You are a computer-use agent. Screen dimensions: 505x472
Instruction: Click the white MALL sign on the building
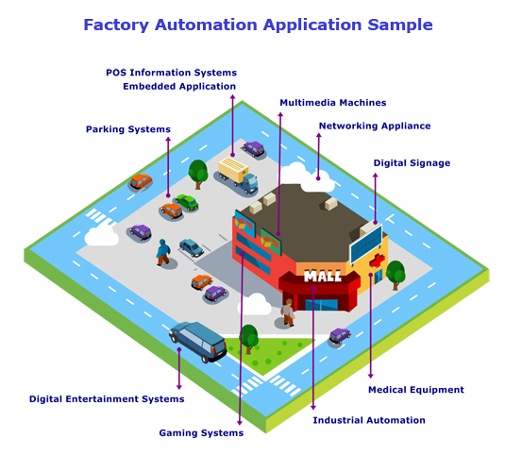323,276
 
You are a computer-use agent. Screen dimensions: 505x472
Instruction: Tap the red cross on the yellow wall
378,261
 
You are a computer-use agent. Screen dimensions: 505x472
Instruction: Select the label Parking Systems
128,129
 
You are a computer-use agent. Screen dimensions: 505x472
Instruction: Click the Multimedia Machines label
333,103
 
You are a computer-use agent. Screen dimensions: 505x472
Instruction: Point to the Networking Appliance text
375,126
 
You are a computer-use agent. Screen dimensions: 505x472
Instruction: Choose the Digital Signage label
412,163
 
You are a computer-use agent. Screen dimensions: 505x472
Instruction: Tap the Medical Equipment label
416,390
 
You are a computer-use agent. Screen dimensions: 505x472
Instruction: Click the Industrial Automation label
369,420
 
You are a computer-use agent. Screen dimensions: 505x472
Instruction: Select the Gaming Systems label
201,433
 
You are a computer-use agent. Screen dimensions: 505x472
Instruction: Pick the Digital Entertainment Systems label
107,399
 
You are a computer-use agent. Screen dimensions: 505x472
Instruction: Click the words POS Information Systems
172,73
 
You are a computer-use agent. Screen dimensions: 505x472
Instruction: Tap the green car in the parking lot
187,202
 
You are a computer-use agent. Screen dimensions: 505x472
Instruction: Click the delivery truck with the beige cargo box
238,176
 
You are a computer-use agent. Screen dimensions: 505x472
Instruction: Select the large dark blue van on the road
198,341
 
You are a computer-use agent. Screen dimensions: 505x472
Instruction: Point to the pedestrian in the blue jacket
163,252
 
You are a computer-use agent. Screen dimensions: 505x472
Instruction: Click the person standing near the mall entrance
288,312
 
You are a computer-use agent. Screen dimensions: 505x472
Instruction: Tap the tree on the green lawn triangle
248,339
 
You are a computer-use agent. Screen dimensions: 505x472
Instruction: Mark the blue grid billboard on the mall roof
366,244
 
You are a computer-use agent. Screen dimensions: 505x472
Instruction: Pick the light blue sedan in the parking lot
192,247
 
